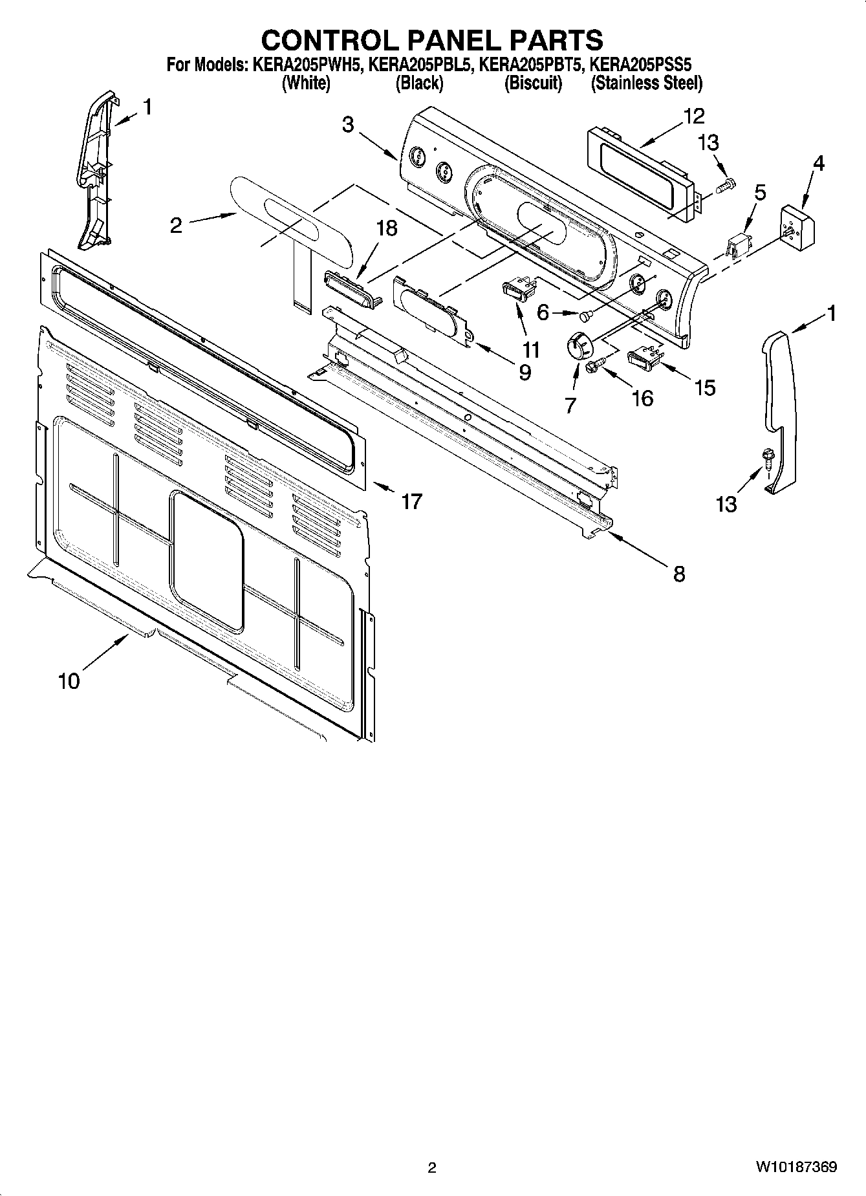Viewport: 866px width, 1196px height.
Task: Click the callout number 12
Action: tap(693, 116)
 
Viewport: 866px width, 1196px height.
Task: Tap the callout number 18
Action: tap(387, 228)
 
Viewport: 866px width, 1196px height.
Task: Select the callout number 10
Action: tap(69, 680)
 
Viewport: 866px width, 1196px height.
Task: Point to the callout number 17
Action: tap(411, 501)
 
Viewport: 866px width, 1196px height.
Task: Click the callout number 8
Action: tap(679, 574)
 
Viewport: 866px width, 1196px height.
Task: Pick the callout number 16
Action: tap(642, 398)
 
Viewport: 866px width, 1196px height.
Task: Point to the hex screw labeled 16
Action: tap(593, 367)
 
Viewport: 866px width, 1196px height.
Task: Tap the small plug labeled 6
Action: tap(585, 315)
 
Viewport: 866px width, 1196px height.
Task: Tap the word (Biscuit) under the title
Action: tap(533, 83)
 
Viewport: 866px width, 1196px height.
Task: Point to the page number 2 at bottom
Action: tap(432, 1167)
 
